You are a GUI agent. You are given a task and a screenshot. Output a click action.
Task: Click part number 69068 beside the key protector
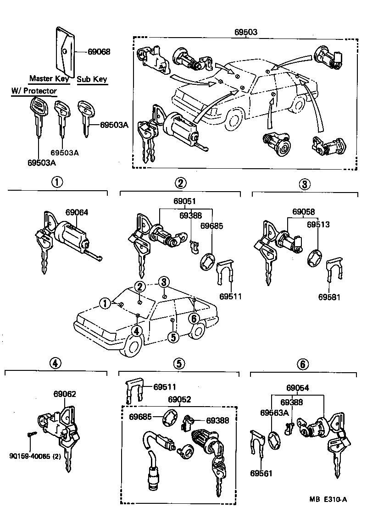coord(100,52)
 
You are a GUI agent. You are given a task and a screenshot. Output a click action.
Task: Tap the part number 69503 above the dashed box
coord(246,32)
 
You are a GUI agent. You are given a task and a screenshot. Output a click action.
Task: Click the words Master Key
coord(49,78)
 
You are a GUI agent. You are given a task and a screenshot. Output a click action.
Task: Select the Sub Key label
coord(92,79)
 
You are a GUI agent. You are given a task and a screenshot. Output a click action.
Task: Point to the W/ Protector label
coord(34,91)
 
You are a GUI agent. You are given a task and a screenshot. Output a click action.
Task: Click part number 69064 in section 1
coord(77,212)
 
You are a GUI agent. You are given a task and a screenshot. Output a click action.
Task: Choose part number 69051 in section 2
coord(185,201)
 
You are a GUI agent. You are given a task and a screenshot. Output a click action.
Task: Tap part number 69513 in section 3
coord(318,225)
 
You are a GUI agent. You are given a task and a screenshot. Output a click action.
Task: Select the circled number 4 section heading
coord(55,363)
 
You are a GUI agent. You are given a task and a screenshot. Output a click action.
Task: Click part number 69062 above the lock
coord(65,394)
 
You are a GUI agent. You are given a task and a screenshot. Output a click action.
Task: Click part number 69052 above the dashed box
coord(179,399)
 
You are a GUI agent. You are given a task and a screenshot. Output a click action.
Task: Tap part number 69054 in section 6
coord(298,387)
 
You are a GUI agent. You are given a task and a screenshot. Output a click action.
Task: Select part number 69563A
coord(275,413)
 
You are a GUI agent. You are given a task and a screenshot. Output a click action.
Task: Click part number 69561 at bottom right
coord(261,473)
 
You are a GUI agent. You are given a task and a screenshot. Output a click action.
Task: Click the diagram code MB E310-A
coord(328,499)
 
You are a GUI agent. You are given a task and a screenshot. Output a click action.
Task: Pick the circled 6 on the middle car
coord(194,317)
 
